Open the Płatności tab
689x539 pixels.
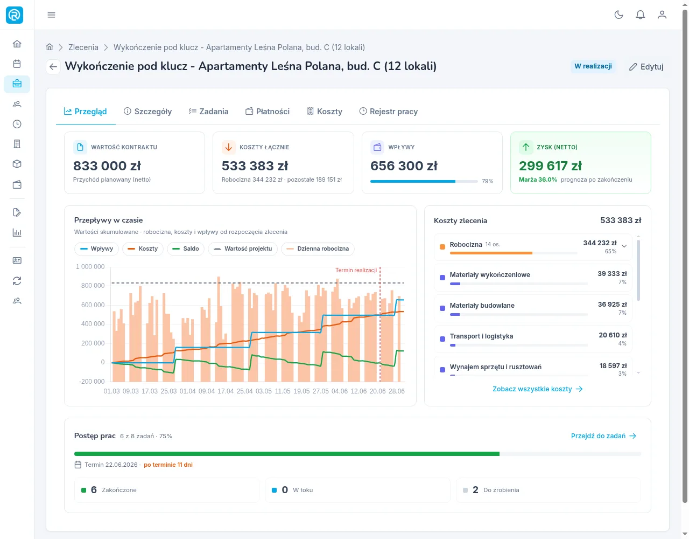(268, 112)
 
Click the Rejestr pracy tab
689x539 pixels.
(389, 112)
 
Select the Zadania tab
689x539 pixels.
(208, 112)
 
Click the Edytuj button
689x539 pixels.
(646, 67)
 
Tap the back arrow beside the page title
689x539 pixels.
(53, 67)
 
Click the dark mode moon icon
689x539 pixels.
(618, 15)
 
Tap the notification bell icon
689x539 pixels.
(640, 15)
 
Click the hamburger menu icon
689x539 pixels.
(51, 15)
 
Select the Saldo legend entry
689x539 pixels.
(186, 248)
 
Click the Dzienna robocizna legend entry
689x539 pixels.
(318, 248)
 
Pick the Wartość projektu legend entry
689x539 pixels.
(243, 248)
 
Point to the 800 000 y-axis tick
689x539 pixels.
(93, 285)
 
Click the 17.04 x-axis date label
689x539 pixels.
(226, 391)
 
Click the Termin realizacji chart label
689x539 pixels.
(356, 270)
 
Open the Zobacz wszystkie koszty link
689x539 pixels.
(537, 389)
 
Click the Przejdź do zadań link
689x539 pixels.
(603, 436)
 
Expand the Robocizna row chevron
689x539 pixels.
(624, 246)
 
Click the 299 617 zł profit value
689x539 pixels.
(550, 165)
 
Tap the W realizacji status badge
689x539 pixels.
(593, 66)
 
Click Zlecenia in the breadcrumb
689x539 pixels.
(83, 47)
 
